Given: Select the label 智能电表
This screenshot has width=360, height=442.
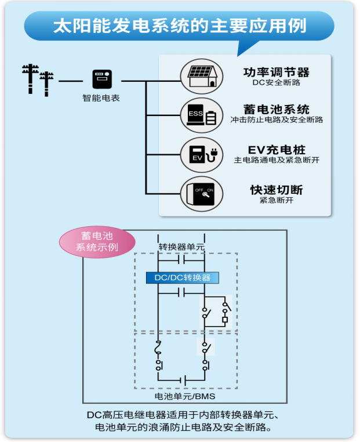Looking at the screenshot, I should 101,99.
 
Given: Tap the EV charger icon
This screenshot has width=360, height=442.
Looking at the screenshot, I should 201,154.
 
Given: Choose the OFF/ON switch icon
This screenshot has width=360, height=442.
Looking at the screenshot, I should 201,194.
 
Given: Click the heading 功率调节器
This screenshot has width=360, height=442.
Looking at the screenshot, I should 276,72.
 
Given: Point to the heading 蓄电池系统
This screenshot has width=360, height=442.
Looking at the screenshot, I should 276,109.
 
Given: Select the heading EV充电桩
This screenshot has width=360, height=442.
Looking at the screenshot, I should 276,150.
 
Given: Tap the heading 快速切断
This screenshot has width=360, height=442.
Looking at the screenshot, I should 276,190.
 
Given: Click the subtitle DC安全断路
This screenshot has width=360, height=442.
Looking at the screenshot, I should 276,83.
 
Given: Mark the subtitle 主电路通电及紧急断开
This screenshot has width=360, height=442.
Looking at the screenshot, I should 276,160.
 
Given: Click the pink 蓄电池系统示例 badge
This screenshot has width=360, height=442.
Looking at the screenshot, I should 97,241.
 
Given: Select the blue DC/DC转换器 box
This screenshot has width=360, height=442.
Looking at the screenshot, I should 182,278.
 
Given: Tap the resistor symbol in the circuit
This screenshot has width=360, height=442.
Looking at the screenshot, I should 224,319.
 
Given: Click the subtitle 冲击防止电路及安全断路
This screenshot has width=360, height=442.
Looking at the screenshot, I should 276,120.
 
